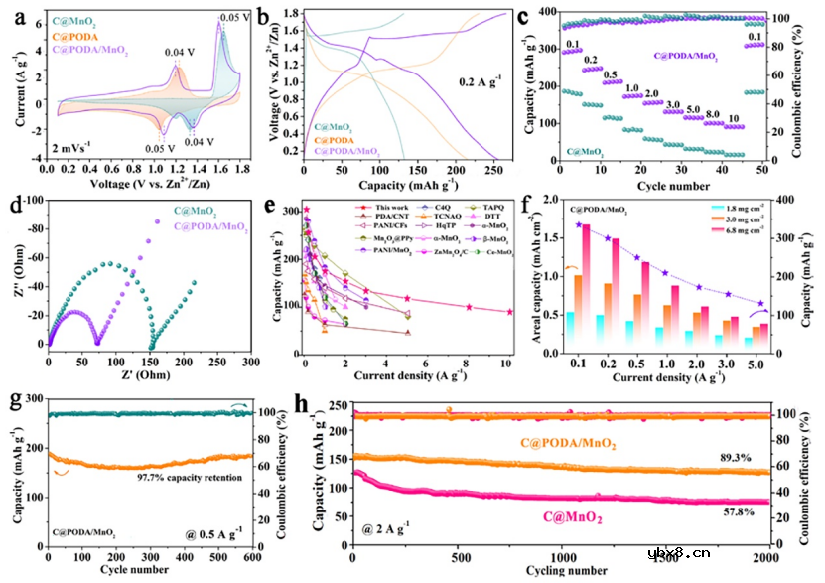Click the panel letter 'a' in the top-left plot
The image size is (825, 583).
click(x=13, y=15)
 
